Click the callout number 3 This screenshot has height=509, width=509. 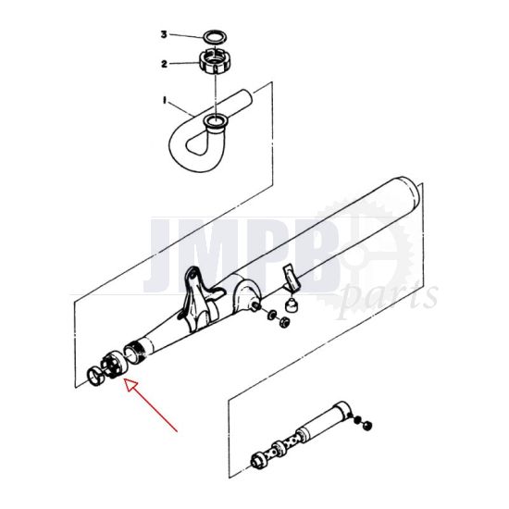(163, 34)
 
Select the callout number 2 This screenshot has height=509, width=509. (163, 65)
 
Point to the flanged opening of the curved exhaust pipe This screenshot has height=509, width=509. (216, 121)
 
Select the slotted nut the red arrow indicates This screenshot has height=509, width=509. (114, 364)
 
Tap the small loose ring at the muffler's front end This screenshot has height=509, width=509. (94, 375)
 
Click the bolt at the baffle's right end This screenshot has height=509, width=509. (367, 425)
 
